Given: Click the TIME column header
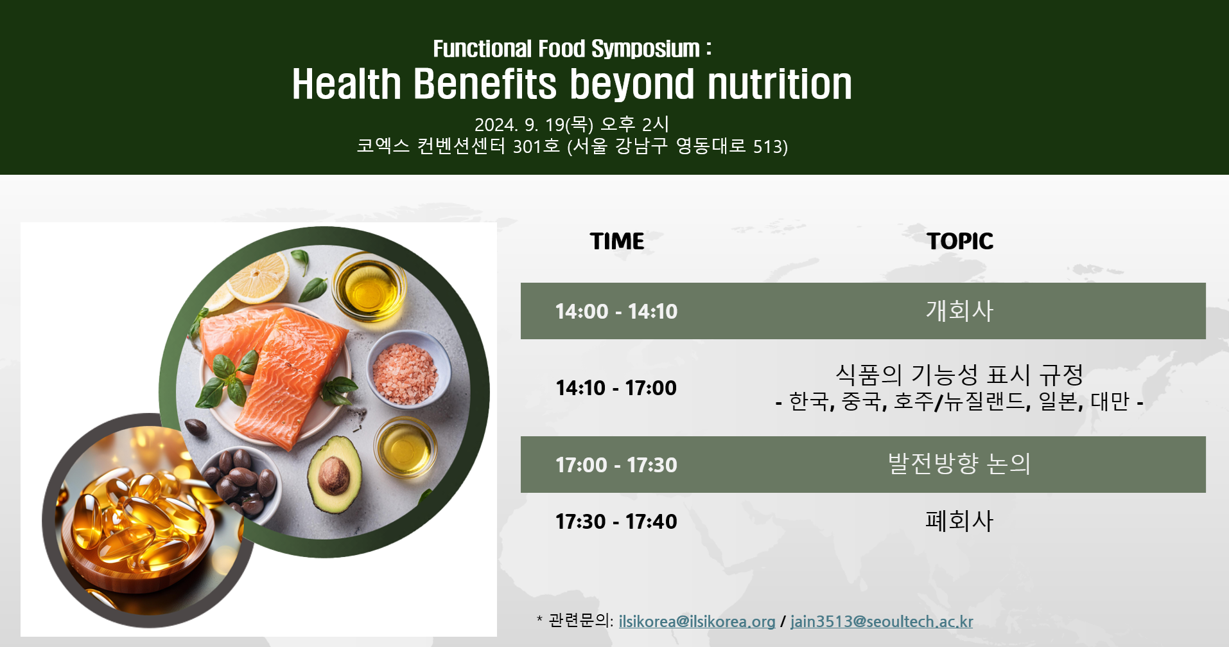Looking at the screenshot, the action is (x=617, y=241).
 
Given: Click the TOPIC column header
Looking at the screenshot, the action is (x=960, y=241).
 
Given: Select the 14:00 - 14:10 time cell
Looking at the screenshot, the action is (x=616, y=311).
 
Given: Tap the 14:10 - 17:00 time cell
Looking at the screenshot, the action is (x=616, y=387).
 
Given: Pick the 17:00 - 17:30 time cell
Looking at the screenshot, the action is (x=616, y=465).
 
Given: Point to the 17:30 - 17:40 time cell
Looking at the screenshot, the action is (x=616, y=521).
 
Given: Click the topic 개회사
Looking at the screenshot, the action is (x=959, y=310).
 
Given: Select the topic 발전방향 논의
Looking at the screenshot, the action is (x=959, y=463).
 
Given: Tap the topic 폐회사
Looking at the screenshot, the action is (x=959, y=520).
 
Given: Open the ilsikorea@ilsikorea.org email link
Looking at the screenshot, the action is (x=697, y=621).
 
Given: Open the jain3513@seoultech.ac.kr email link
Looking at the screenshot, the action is (x=882, y=621).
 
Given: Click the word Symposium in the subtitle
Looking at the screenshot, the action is (x=645, y=49).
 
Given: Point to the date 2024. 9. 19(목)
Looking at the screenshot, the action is (x=534, y=124).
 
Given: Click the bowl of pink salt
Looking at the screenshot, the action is (x=406, y=369).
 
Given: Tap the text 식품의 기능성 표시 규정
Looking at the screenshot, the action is (x=959, y=374).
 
